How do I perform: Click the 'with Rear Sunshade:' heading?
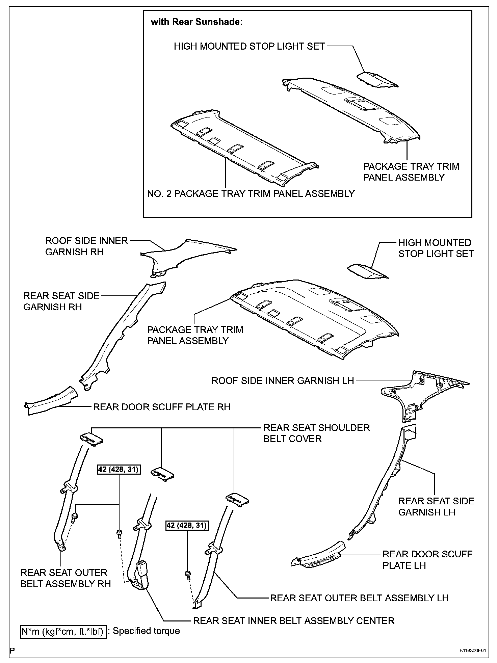click(x=197, y=22)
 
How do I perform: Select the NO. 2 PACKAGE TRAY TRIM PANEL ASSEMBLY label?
click(x=251, y=194)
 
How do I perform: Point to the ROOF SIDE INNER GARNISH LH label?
click(x=282, y=381)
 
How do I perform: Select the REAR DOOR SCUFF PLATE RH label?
click(x=162, y=407)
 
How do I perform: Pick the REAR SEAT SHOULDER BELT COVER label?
click(x=316, y=433)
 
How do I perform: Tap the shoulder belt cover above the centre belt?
click(x=162, y=473)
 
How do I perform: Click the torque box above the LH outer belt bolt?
click(x=187, y=526)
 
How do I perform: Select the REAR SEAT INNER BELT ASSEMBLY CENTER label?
click(x=293, y=621)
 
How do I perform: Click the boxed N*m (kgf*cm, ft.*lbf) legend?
click(x=63, y=631)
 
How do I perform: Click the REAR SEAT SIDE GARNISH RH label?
click(x=61, y=301)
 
